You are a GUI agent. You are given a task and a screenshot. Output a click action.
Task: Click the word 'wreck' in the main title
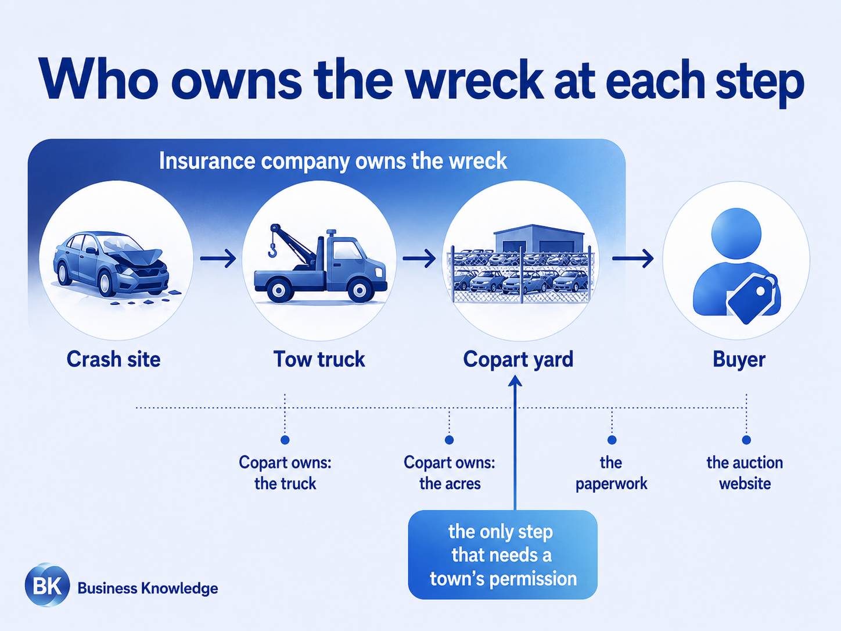(x=474, y=80)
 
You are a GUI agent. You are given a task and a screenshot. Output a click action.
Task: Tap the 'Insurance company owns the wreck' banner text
(x=333, y=161)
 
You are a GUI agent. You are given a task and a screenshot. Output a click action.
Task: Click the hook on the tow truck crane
(x=272, y=249)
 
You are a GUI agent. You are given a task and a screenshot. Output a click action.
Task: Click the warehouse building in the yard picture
(x=539, y=238)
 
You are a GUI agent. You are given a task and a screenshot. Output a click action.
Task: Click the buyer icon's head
(x=736, y=234)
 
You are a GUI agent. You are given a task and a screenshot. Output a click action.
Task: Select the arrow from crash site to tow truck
(x=218, y=258)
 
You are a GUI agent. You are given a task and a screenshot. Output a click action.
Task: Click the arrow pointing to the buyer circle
(x=632, y=258)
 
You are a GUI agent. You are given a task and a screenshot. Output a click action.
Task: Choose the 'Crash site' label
(x=113, y=359)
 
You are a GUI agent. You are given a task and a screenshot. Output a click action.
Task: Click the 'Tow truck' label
(x=319, y=359)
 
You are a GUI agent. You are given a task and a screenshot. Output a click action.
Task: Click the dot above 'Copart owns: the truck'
(x=285, y=439)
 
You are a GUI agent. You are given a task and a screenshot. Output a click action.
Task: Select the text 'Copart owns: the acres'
(x=450, y=473)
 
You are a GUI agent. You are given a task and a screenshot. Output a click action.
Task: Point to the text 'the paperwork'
(x=611, y=474)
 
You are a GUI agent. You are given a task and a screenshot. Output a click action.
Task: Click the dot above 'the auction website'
(x=746, y=439)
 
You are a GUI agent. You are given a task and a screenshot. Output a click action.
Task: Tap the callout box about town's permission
(x=503, y=555)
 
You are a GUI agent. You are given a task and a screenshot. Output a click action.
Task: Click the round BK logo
(x=48, y=585)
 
